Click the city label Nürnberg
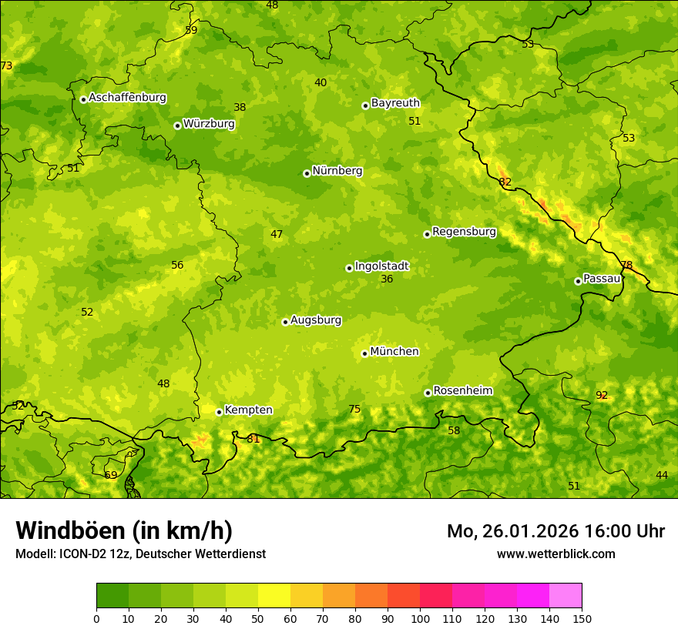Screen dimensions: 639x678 pyautogui.click(x=337, y=171)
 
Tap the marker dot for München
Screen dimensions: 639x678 pyautogui.click(x=365, y=353)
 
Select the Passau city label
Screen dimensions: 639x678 pyautogui.click(x=602, y=279)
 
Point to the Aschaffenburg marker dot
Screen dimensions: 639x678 pyautogui.click(x=83, y=99)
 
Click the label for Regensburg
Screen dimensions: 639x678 pyautogui.click(x=464, y=232)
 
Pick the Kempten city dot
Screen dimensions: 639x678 pyautogui.click(x=220, y=412)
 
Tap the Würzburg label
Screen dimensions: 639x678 pyautogui.click(x=209, y=124)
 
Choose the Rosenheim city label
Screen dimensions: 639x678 pyautogui.click(x=462, y=391)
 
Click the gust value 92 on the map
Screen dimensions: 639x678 pyautogui.click(x=602, y=396)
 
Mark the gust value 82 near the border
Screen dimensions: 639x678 pyautogui.click(x=505, y=182)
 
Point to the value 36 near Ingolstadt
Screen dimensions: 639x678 pyautogui.click(x=387, y=279)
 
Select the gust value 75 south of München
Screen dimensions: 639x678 pyautogui.click(x=354, y=410)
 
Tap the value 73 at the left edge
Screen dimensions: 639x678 pyautogui.click(x=6, y=66)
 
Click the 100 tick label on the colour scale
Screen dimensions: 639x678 pyautogui.click(x=420, y=618)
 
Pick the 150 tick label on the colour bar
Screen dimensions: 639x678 pyautogui.click(x=582, y=618)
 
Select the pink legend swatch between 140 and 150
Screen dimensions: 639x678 pyautogui.click(x=566, y=596)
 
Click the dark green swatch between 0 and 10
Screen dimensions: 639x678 pyautogui.click(x=112, y=596)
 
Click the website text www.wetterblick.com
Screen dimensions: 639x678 pyautogui.click(x=555, y=554)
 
